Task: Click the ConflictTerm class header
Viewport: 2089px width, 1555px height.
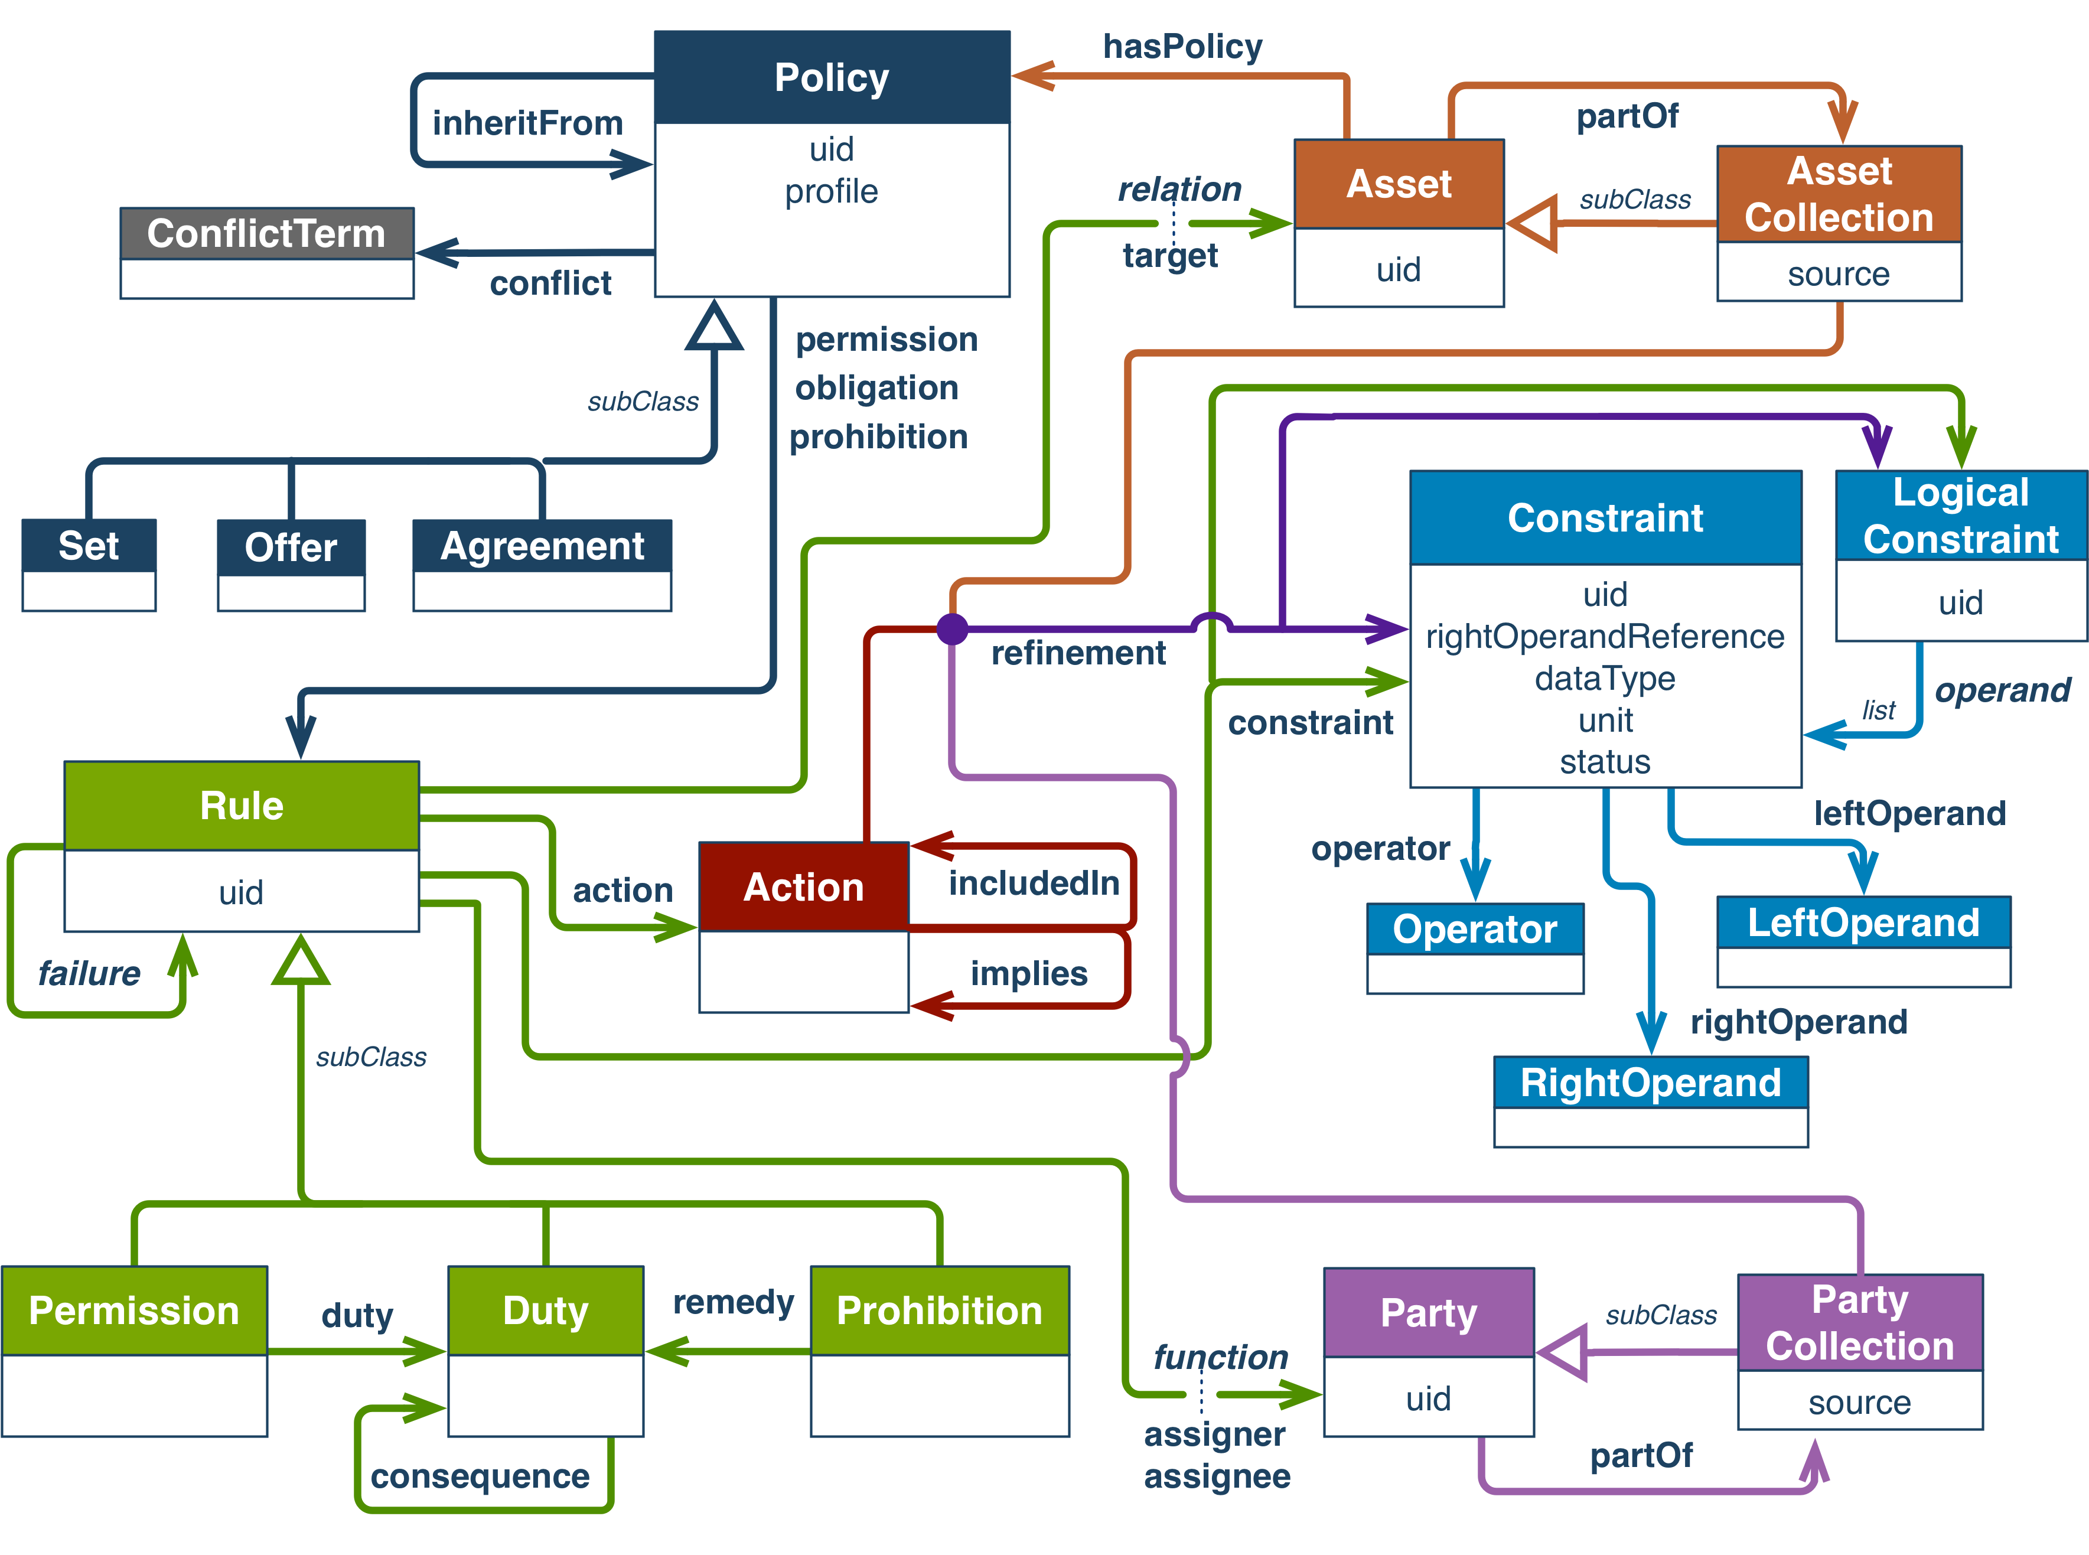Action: coord(266,233)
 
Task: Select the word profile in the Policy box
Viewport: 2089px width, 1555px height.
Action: coord(831,191)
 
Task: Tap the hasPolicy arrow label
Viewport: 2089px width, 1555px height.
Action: coord(1182,46)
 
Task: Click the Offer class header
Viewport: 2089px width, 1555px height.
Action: coord(291,547)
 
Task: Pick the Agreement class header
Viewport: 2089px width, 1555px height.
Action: coord(542,546)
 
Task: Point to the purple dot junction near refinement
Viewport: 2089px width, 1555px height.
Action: coord(953,629)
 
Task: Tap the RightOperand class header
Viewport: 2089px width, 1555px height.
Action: coord(1650,1083)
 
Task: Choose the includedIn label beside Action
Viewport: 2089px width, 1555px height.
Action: coord(1034,883)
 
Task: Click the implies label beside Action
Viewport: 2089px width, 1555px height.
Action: coord(1029,972)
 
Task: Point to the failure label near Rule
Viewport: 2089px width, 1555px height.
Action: coord(89,972)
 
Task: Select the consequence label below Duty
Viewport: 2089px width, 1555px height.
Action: coord(480,1476)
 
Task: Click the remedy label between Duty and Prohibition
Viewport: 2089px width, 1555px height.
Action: coord(734,1302)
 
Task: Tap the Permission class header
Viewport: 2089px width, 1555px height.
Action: coord(133,1310)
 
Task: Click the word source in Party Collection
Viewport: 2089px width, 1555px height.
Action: coord(1859,1403)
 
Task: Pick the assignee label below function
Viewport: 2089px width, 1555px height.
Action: coord(1216,1476)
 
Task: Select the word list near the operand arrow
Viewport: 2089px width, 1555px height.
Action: coord(1878,710)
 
